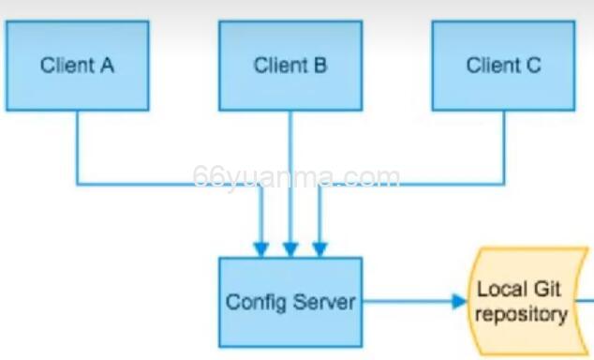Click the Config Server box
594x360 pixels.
point(290,302)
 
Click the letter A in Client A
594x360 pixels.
point(108,65)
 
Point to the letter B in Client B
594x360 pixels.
point(320,65)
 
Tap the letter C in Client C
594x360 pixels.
point(534,65)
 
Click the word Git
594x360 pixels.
point(546,289)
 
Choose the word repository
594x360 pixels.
point(521,313)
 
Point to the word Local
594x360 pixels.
point(504,289)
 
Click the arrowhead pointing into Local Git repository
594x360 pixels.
point(459,301)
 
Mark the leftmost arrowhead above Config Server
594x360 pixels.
point(260,249)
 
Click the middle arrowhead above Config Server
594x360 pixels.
point(290,249)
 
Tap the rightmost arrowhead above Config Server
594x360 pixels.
point(319,249)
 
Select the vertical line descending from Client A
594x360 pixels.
point(77,146)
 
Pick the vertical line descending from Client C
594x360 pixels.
point(503,146)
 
